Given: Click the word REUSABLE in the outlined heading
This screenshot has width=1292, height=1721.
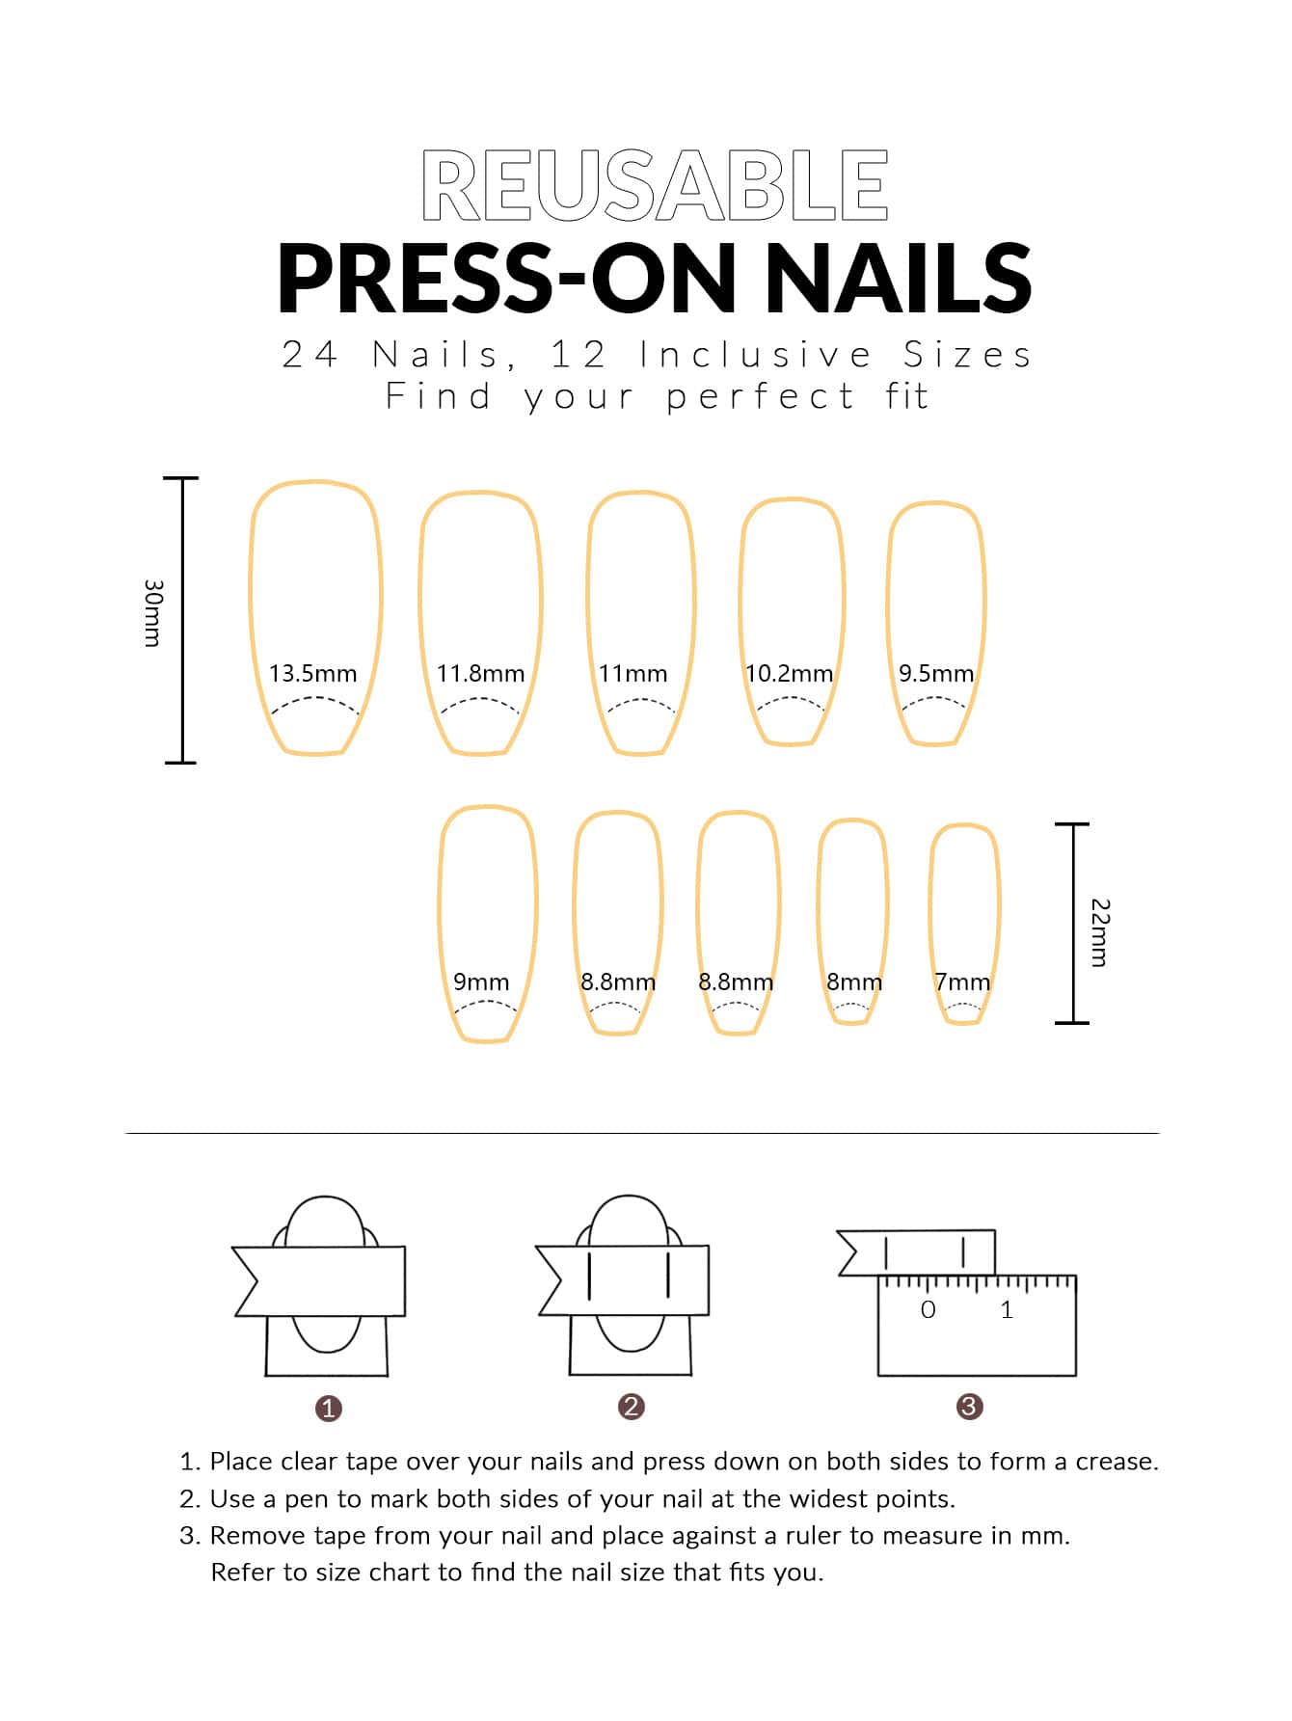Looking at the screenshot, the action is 655,186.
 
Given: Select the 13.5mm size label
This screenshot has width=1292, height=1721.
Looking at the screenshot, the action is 312,673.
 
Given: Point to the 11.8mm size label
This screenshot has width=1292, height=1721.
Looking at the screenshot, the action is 480,673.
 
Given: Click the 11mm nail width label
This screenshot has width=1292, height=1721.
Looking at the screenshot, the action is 633,673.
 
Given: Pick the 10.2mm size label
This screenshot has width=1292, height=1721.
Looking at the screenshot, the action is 789,673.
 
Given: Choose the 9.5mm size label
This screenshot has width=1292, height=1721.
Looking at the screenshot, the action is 936,673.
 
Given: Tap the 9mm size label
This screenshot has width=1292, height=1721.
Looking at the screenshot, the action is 481,982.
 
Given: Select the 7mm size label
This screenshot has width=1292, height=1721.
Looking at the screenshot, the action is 962,982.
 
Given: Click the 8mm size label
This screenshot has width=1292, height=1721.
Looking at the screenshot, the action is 854,982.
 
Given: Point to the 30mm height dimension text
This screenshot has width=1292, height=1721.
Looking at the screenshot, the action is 152,613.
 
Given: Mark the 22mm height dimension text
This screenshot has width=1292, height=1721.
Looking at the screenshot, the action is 1100,932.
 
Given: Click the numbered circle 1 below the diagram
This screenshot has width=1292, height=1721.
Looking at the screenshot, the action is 329,1409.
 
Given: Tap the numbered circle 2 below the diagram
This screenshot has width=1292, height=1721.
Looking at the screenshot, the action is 632,1407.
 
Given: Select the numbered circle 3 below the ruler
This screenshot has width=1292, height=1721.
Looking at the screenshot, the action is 969,1407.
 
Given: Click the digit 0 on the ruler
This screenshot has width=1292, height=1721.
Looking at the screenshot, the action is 929,1309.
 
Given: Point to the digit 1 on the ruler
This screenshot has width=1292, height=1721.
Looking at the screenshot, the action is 1008,1309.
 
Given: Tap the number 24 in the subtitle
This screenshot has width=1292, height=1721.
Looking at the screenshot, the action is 310,355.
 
